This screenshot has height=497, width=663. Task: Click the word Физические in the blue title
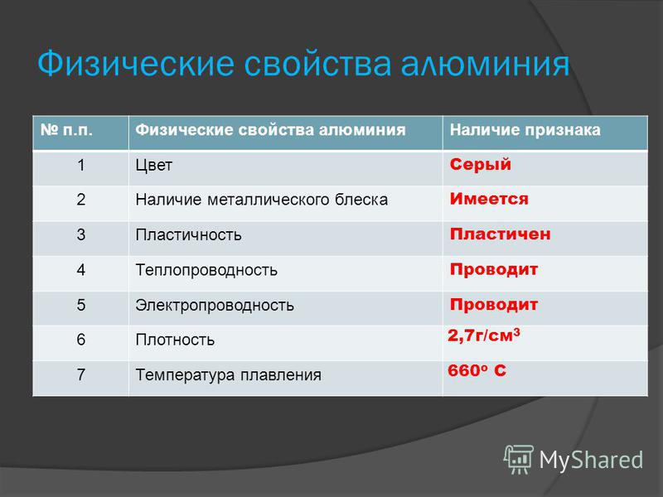(136, 65)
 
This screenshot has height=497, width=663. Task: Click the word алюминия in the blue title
(485, 65)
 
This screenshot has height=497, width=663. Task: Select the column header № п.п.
(66, 130)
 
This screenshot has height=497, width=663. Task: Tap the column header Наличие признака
(525, 130)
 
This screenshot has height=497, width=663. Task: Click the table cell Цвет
(154, 165)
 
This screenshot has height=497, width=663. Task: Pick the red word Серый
(481, 164)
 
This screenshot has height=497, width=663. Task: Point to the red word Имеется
(489, 199)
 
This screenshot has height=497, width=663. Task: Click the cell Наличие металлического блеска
(261, 200)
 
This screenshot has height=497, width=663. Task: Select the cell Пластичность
(189, 234)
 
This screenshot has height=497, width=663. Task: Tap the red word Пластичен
(501, 234)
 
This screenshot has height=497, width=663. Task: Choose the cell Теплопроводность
(206, 270)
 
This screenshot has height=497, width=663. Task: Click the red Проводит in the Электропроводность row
(493, 304)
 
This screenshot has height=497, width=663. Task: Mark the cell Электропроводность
(215, 305)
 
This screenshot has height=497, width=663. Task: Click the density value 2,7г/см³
(484, 335)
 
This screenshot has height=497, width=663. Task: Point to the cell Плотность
(175, 340)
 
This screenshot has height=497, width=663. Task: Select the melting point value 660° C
(477, 370)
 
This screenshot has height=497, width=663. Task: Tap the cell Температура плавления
(229, 375)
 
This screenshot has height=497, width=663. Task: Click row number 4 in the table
(81, 270)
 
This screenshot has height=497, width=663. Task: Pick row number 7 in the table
(81, 374)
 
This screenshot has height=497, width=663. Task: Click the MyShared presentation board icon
(518, 459)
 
